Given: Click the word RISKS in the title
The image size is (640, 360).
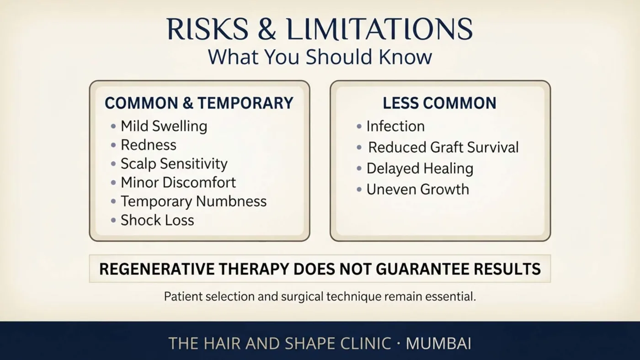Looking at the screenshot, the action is coord(208,29).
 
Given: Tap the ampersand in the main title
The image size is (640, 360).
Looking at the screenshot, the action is coord(267,29).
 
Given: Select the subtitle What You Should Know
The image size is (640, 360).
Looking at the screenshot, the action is coord(320,57).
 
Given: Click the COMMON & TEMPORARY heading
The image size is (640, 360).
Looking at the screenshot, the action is coord(199,103).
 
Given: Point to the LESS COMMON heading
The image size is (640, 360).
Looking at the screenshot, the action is coord(439,103).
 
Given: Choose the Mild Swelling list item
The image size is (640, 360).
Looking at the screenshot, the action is coord(164,126).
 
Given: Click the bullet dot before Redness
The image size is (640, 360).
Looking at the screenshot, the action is coord(113,145).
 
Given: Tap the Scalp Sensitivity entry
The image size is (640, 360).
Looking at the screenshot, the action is coord(174,164).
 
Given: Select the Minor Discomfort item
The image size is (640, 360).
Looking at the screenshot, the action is coord(178,182).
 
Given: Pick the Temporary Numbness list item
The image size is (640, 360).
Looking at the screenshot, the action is coord(193,201).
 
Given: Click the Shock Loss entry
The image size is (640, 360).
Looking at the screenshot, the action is coord(157,220).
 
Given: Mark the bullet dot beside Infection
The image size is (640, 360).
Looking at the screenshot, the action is coord(359,126).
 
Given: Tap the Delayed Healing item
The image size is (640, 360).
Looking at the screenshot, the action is coord(420,169).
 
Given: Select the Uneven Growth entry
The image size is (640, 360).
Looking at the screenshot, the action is coord(418,189).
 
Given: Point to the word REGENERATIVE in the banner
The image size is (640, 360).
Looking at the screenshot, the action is coord(156,269).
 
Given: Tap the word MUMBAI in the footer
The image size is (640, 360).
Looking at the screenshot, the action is coord(438,343).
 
